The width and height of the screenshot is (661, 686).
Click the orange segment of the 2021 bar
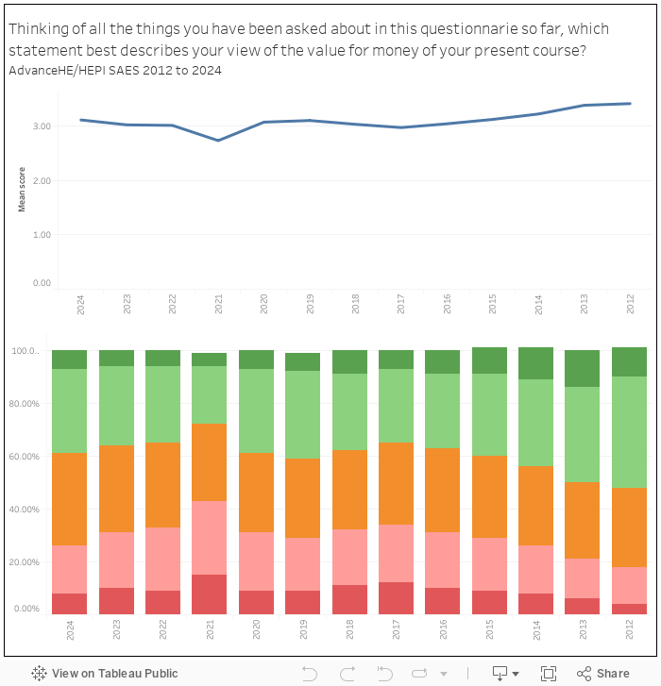[209, 462]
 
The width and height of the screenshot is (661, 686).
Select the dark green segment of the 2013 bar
[582, 369]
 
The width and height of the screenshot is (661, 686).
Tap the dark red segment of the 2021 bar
[209, 594]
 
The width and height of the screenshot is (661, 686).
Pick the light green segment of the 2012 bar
[629, 432]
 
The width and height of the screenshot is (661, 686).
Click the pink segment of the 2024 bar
[69, 569]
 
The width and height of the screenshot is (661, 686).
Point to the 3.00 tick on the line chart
[42, 125]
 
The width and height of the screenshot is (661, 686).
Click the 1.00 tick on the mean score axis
[42, 234]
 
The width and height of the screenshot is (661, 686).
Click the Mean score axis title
[22, 189]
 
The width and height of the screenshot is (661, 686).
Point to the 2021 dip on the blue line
[218, 141]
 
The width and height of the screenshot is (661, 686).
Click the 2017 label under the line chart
[400, 304]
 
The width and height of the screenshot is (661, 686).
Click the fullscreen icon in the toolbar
[548, 673]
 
